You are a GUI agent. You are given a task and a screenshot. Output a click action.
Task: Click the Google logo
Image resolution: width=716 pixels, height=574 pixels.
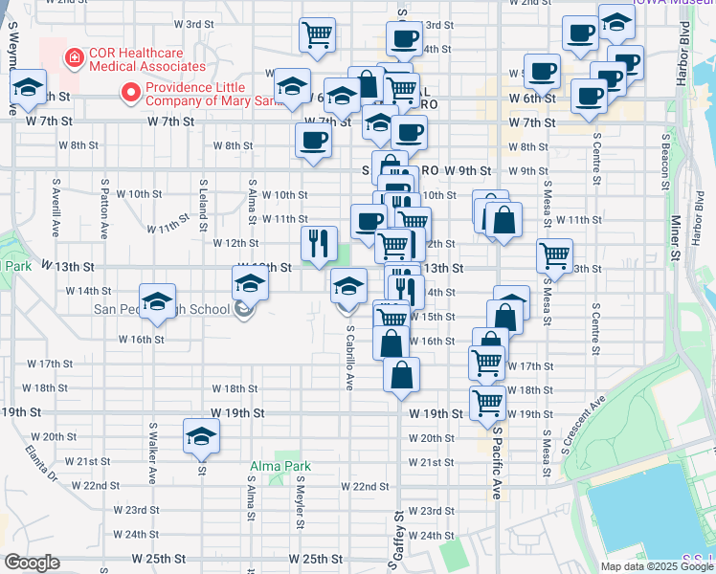pyautogui.click(x=31, y=563)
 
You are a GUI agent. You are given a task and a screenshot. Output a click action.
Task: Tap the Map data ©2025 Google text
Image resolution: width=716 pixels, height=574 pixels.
pyautogui.click(x=657, y=565)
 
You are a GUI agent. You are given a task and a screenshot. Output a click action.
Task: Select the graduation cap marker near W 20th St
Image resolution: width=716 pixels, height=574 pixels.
pyautogui.click(x=202, y=436)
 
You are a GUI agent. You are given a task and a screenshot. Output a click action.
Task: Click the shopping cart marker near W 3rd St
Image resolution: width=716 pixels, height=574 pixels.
pyautogui.click(x=317, y=34)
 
